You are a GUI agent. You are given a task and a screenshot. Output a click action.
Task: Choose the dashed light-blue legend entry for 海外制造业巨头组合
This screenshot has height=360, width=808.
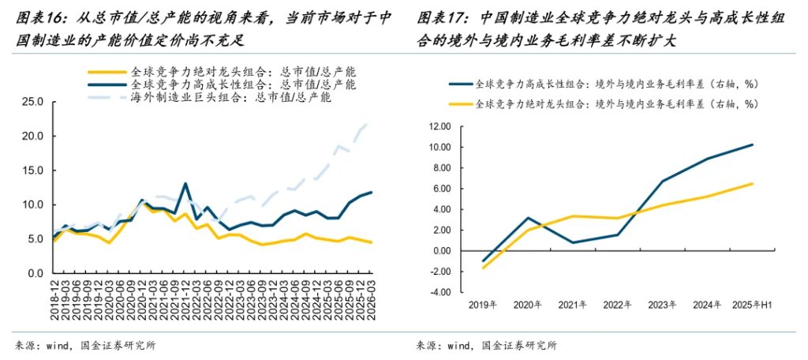(105, 98)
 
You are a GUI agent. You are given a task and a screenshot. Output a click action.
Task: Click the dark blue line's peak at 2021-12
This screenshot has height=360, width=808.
(185, 184)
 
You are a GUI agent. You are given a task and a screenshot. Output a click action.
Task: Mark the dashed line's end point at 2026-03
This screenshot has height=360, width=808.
(370, 122)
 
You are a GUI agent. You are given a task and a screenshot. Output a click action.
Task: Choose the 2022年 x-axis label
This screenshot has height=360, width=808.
(617, 305)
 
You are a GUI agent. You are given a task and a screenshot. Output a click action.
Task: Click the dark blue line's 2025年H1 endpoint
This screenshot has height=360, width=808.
(753, 144)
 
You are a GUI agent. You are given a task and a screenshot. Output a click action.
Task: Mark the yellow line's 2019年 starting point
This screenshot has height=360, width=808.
(483, 268)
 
